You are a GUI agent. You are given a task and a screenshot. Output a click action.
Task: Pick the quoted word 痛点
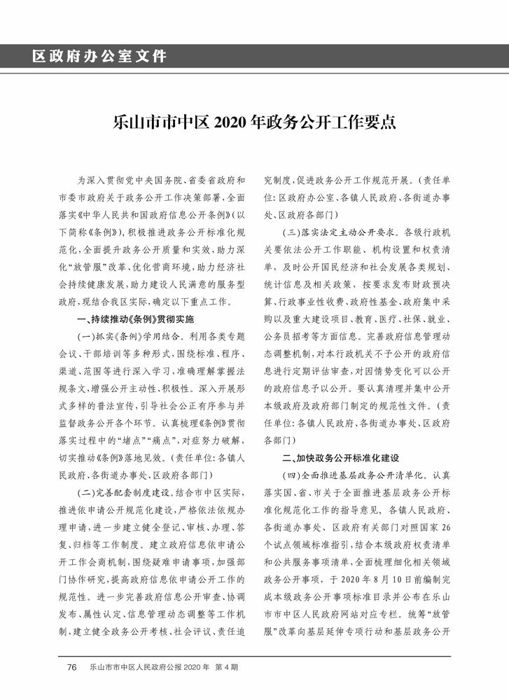pos(172,440)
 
